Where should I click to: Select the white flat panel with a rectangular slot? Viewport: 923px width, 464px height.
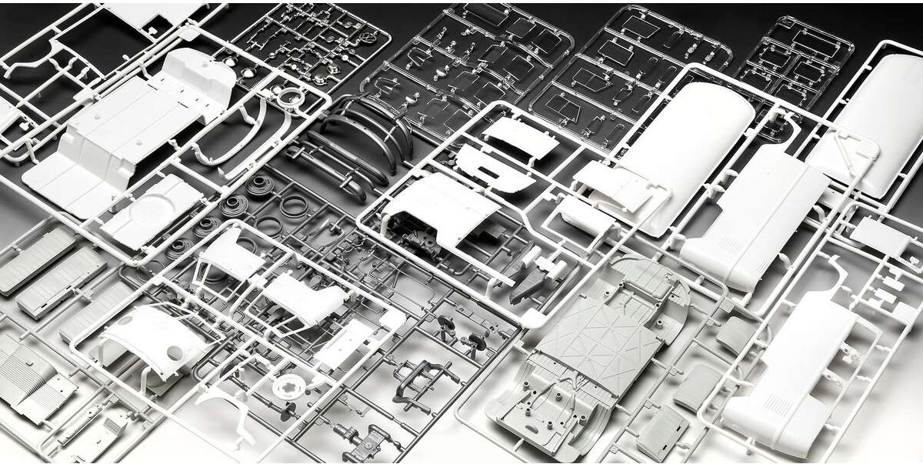point(492,165)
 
